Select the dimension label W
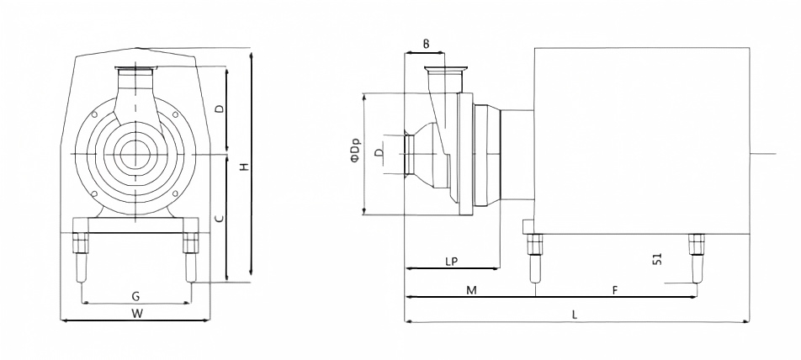point(136,314)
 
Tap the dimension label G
point(136,296)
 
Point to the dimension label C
point(219,219)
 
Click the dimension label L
point(575,315)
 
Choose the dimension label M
point(471,290)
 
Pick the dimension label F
point(616,290)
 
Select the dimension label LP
point(451,262)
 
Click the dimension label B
point(426,44)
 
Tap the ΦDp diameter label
point(356,151)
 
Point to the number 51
point(657,259)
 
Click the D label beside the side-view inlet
point(378,153)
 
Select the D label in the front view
point(219,109)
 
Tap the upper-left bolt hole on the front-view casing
point(94,114)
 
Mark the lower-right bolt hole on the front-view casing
point(175,193)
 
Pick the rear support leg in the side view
point(696,258)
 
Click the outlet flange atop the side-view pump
point(446,69)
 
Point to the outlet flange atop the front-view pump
point(135,68)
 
